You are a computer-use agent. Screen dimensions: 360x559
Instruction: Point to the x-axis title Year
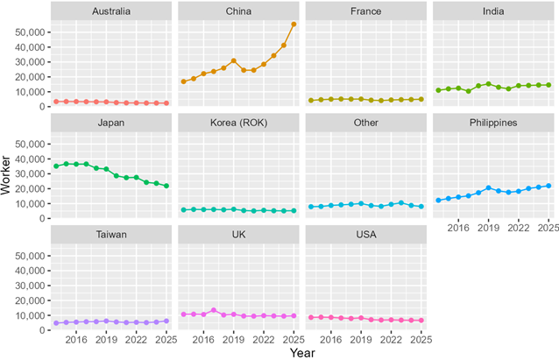(x=301, y=352)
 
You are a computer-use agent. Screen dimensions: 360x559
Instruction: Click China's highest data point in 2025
(x=294, y=25)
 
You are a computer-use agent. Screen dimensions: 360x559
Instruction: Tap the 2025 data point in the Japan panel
(x=166, y=186)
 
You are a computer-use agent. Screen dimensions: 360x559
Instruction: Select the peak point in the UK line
(x=213, y=310)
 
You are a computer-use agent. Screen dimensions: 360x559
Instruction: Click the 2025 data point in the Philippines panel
(x=548, y=186)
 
